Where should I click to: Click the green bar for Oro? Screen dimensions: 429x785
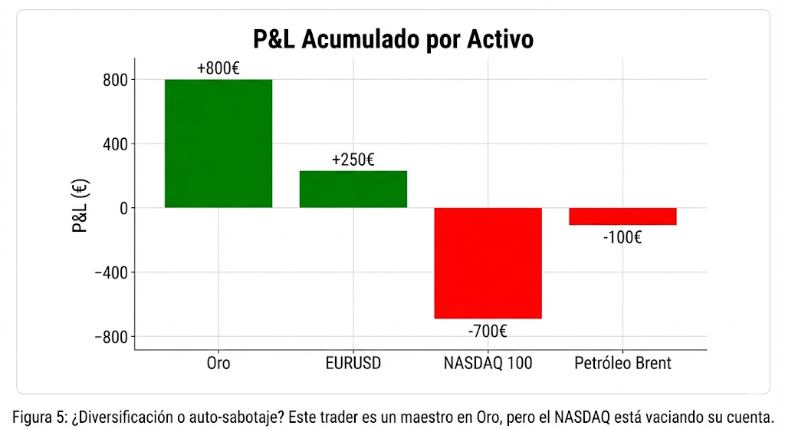point(218,144)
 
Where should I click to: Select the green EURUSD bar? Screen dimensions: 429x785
point(353,189)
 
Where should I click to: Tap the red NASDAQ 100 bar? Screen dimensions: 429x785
point(488,262)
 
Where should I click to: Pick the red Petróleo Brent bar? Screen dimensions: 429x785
point(622,216)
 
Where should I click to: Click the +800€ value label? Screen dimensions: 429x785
point(218,68)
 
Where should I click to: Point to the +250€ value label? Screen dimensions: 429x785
point(353,160)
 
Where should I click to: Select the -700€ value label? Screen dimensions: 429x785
point(488,332)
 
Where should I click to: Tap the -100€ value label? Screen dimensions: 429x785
point(622,237)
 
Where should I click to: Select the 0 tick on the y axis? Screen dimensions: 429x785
point(122,208)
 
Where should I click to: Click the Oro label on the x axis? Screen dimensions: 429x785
point(218,363)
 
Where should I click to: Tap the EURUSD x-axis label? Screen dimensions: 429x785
point(353,363)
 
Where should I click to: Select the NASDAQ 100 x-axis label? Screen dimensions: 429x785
point(488,363)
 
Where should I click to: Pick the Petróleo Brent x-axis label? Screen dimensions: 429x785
point(622,363)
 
